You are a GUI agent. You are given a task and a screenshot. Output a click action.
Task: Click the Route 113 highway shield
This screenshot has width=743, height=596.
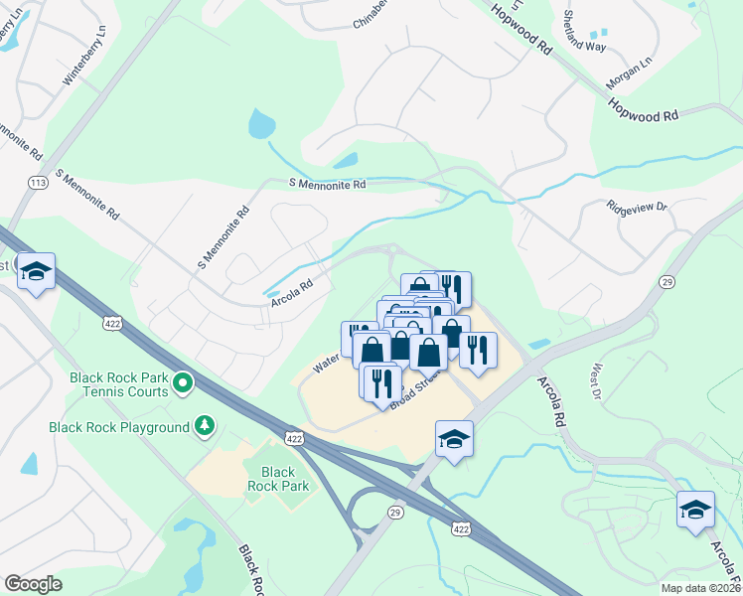click(39, 183)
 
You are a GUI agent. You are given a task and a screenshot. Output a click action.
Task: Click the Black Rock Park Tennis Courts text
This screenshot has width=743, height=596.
click(118, 383)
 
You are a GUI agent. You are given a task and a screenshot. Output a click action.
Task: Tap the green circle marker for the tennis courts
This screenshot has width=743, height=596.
click(183, 382)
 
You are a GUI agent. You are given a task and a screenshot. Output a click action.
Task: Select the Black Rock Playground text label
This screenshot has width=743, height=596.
click(119, 427)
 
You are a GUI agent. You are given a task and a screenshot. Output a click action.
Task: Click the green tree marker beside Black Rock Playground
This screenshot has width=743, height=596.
click(205, 426)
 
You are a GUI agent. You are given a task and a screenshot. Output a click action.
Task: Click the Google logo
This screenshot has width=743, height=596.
click(34, 584)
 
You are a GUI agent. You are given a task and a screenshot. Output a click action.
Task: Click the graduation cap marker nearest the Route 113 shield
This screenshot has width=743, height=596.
click(36, 272)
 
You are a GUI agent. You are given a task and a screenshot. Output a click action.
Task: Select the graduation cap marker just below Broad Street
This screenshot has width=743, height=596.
click(454, 439)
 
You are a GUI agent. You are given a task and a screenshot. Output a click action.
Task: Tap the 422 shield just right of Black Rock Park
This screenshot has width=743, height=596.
click(294, 437)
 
